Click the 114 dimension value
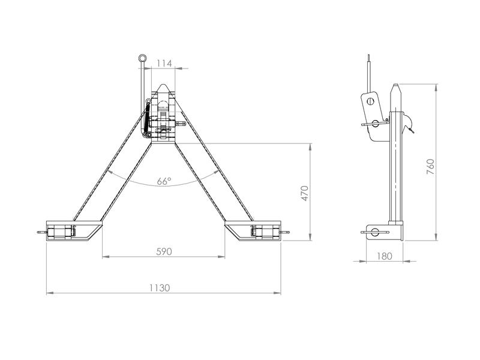click(x=164, y=64)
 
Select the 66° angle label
click(x=164, y=181)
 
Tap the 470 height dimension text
click(x=305, y=193)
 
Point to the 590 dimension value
click(x=164, y=251)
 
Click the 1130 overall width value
click(x=160, y=288)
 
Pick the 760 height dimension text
click(x=430, y=167)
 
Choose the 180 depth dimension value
click(x=385, y=256)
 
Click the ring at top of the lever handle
click(x=142, y=58)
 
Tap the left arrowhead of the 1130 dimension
click(x=50, y=293)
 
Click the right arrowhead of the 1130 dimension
click(x=277, y=293)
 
